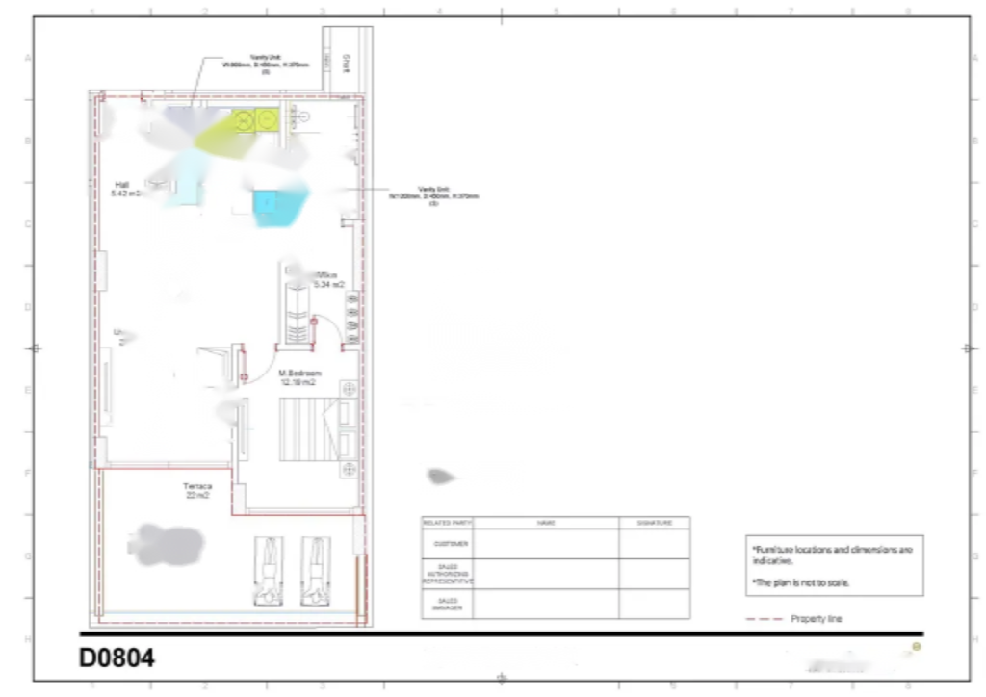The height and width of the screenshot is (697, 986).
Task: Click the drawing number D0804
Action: pyautogui.click(x=117, y=658)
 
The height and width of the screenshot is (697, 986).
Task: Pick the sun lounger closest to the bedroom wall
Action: pyautogui.click(x=316, y=571)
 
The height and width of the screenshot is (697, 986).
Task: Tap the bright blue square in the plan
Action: pyautogui.click(x=265, y=203)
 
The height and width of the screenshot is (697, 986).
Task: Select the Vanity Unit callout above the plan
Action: pyautogui.click(x=266, y=64)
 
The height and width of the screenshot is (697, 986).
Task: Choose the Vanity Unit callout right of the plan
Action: pyautogui.click(x=433, y=195)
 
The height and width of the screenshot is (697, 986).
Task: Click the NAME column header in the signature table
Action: pyautogui.click(x=546, y=523)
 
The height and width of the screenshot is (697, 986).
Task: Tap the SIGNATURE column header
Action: pyautogui.click(x=655, y=523)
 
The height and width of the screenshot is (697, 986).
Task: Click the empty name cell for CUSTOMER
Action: pyautogui.click(x=546, y=544)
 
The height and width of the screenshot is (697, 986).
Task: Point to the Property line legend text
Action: pyautogui.click(x=816, y=619)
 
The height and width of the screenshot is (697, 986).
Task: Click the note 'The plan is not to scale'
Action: pyautogui.click(x=802, y=582)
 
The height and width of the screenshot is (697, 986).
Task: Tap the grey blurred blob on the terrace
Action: pyautogui.click(x=167, y=544)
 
